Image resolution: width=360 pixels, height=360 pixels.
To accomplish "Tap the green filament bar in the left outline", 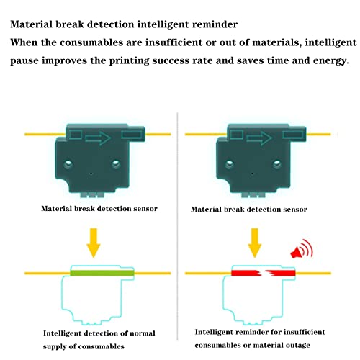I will tap(101, 273).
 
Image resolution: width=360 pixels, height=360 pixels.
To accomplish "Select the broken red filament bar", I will tap(263, 273).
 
